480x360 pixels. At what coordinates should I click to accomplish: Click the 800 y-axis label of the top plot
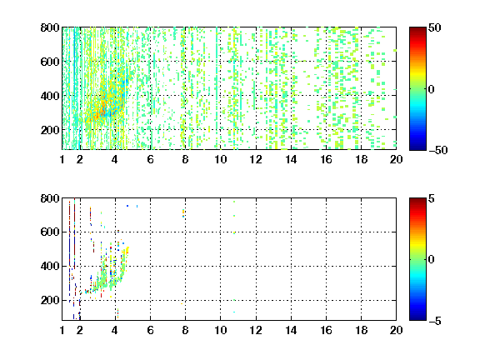50,27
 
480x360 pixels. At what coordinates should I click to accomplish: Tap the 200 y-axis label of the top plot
50,130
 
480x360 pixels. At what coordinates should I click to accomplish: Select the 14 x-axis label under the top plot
291,159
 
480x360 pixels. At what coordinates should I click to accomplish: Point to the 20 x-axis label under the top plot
396,159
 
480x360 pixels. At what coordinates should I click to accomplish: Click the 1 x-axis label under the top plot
62,159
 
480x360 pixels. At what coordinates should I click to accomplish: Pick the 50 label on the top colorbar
434,27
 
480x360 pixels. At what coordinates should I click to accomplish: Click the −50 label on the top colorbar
438,150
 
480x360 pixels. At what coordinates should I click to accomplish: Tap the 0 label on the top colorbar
431,89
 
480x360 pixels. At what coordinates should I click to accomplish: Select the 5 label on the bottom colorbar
431,198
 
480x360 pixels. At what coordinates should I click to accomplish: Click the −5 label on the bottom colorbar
435,321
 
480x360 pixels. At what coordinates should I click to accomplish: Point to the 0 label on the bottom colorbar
431,260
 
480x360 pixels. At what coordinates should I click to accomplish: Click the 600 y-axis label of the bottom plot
50,232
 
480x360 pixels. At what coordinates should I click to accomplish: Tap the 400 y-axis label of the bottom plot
50,266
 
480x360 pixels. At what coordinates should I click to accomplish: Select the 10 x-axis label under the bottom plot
220,330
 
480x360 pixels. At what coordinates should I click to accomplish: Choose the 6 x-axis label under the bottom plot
150,330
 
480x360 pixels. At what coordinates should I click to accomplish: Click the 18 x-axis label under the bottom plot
361,330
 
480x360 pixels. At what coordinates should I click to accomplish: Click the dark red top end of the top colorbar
417,29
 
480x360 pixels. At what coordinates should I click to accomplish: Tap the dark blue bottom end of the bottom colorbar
417,318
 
